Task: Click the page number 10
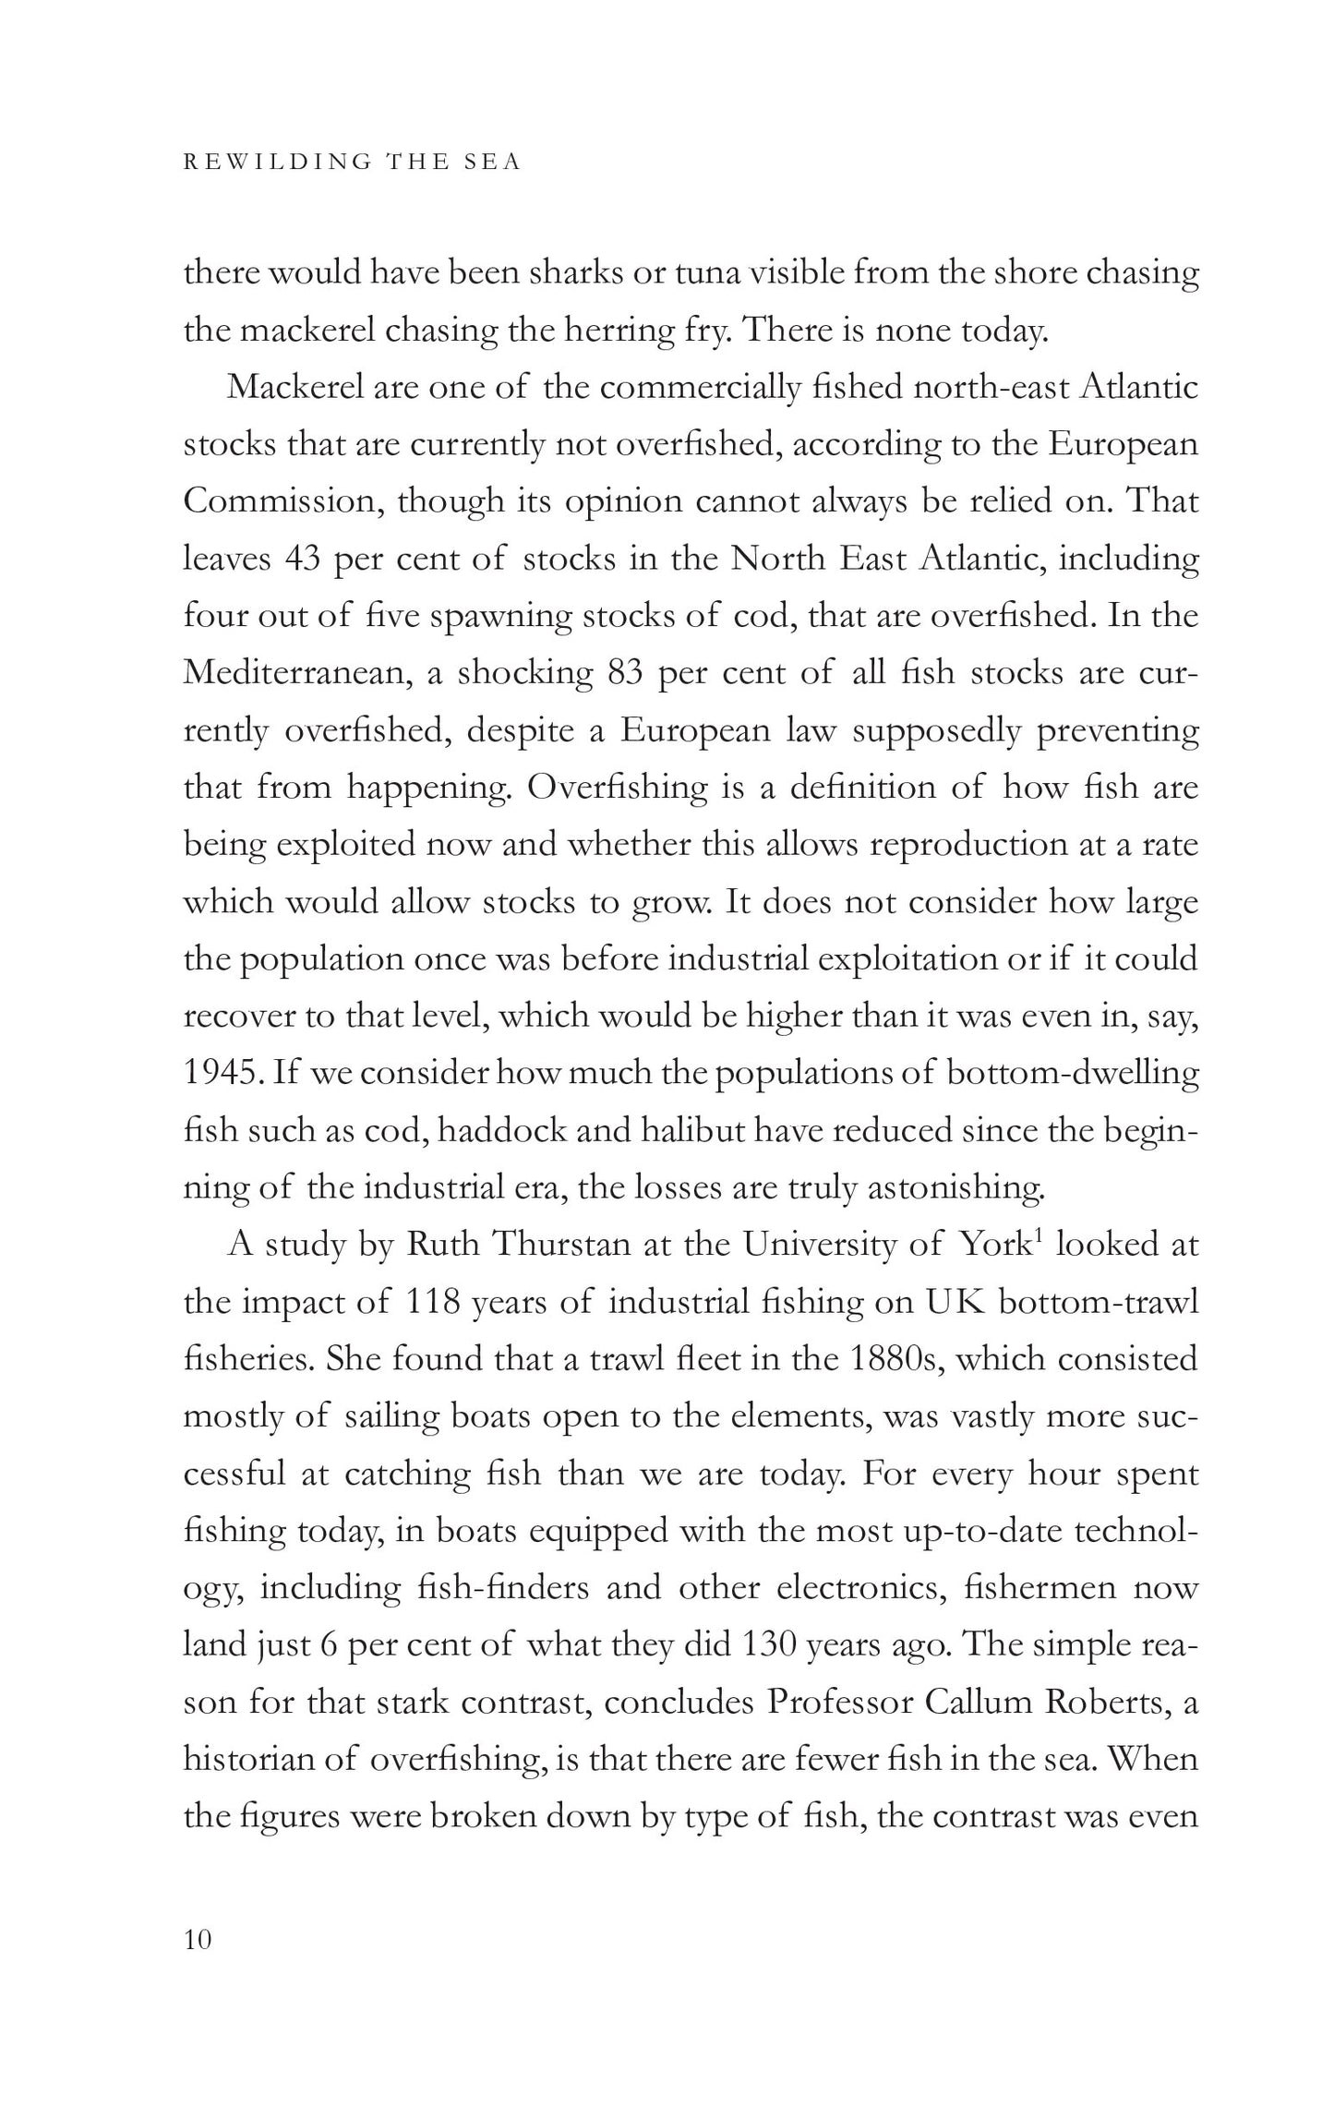tap(198, 1939)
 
